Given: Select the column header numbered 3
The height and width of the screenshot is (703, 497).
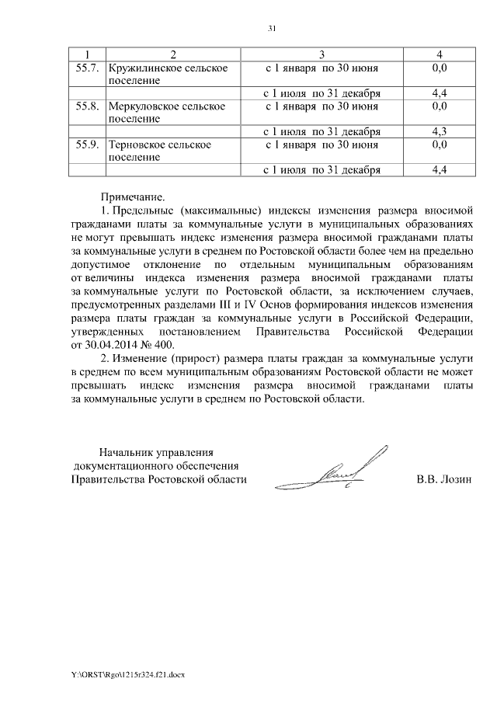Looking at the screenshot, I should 321,54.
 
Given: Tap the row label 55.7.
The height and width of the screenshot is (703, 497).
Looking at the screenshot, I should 87,68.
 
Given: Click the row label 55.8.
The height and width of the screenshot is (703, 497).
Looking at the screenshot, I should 87,106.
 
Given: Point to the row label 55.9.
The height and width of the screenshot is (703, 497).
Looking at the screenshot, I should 87,144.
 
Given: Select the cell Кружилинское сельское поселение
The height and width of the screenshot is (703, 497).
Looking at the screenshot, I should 168,75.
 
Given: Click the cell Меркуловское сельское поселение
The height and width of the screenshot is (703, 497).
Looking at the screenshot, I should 166,112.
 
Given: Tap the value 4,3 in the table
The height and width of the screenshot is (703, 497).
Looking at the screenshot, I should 439,131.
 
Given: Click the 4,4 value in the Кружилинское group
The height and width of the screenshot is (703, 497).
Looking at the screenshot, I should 439,94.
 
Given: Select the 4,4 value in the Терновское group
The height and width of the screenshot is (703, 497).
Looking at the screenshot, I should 439,169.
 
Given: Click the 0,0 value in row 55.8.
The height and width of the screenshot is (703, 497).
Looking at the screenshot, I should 439,106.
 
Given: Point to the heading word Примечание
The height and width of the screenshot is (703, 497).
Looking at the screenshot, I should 133,198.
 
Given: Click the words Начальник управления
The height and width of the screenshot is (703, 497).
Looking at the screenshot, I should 155,451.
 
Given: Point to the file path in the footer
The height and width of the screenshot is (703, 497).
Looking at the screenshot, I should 128,674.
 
